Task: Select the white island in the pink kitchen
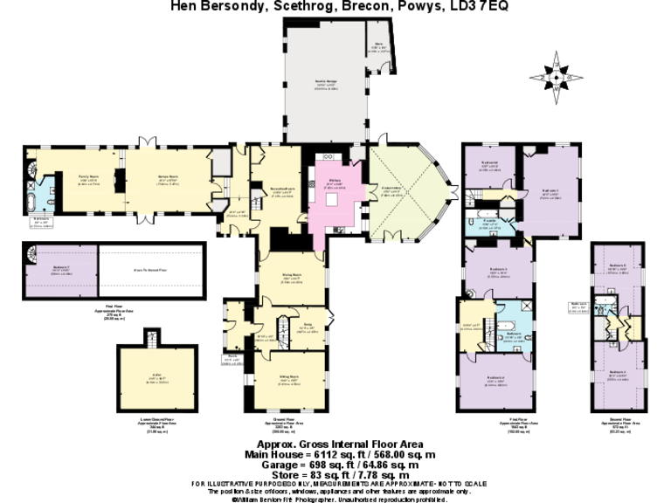[x=333, y=202]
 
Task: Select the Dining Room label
[x=290, y=275]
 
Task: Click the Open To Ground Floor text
[x=150, y=272]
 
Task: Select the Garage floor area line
[x=335, y=464]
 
